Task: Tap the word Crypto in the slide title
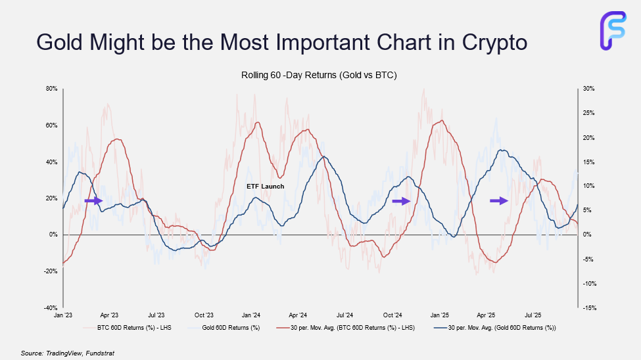pyautogui.click(x=487, y=42)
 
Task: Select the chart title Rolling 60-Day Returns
pyautogui.click(x=319, y=76)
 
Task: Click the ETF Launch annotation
pyautogui.click(x=266, y=187)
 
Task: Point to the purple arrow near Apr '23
pyautogui.click(x=94, y=200)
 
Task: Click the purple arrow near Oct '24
pyautogui.click(x=401, y=200)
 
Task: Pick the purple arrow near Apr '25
pyautogui.click(x=500, y=200)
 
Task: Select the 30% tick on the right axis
pyautogui.click(x=588, y=89)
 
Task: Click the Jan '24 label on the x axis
pyautogui.click(x=251, y=315)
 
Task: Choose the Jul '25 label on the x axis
pyautogui.click(x=533, y=315)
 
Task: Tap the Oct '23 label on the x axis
pyautogui.click(x=204, y=315)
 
